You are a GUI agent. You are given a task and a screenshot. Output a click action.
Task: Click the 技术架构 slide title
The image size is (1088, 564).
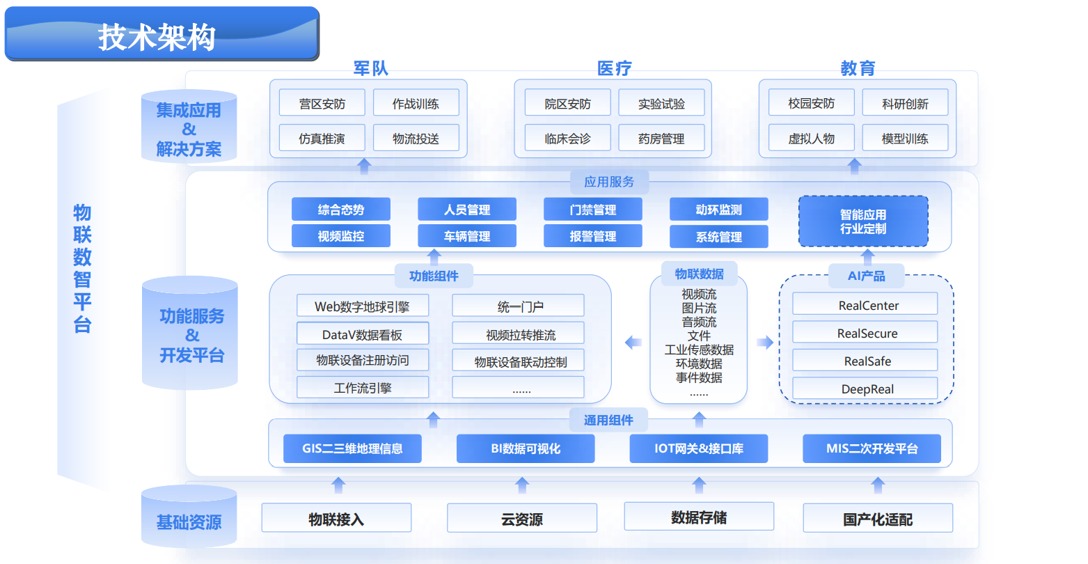tap(157, 37)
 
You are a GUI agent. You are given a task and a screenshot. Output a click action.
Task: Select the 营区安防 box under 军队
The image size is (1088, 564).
tap(322, 104)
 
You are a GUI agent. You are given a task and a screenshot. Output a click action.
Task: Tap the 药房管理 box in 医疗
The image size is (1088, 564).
tap(661, 139)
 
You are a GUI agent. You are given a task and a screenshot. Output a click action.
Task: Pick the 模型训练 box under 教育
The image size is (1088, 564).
tap(905, 139)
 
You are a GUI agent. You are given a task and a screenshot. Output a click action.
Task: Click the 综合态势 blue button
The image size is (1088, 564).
tap(341, 210)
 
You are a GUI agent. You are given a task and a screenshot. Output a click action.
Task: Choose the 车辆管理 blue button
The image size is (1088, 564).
tap(467, 236)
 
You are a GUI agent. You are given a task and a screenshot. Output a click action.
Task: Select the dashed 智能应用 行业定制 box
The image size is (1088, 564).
tap(863, 221)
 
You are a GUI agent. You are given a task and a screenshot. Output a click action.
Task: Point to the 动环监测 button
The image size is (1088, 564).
tap(718, 210)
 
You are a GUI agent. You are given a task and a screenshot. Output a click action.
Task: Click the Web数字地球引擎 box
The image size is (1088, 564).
tap(362, 306)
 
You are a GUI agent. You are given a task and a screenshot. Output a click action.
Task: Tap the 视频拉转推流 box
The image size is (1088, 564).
tap(518, 335)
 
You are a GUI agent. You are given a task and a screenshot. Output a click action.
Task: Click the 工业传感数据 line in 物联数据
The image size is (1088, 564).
tap(699, 350)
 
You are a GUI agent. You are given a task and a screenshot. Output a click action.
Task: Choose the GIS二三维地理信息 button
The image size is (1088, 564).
tap(352, 448)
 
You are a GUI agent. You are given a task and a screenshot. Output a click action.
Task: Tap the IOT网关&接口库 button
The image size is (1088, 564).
tap(698, 448)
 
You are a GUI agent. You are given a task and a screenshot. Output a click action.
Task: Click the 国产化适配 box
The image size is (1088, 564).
tap(877, 519)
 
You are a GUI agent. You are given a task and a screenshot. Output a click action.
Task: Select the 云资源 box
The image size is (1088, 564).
tap(521, 519)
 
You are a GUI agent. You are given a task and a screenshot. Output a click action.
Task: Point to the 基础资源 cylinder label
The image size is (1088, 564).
tap(189, 522)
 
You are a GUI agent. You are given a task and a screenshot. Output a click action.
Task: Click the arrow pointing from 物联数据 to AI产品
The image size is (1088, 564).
tap(765, 342)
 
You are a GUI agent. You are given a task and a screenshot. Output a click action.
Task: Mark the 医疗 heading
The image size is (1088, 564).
tap(614, 68)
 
